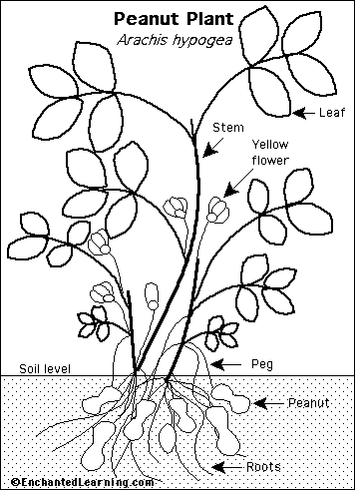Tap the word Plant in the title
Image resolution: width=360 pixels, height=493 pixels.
point(208,19)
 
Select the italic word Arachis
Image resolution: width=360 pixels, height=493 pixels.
point(142,40)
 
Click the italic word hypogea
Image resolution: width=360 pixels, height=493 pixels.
point(202,41)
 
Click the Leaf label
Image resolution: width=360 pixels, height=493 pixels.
point(332,113)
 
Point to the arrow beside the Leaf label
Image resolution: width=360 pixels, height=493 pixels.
point(303,113)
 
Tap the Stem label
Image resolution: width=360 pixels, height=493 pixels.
point(228,127)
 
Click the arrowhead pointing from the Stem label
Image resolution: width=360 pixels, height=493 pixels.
point(209,151)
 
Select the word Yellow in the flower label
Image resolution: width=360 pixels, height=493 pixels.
point(270,145)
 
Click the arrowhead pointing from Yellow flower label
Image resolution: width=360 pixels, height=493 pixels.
point(231,190)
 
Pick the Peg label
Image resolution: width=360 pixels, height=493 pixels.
point(262,364)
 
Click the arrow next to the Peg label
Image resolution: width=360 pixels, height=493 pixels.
point(226,364)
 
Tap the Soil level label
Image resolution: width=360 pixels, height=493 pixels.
point(45,368)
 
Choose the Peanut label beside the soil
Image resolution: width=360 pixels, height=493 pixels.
point(308,402)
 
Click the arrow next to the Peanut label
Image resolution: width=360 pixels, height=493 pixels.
point(268,403)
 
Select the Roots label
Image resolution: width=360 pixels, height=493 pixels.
point(263,467)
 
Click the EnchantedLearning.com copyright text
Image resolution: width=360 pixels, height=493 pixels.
point(83,481)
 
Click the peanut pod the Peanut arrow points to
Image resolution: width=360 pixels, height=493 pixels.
point(231,398)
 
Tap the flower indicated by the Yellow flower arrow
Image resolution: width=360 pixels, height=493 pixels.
point(217,210)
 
